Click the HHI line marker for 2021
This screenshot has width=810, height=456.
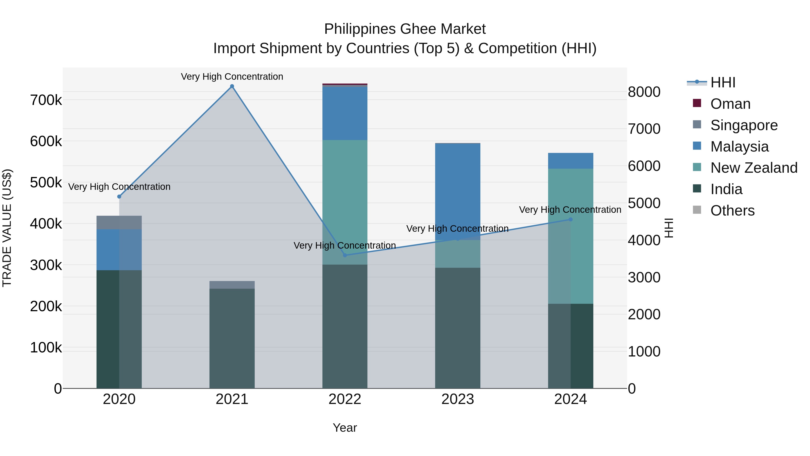coord(232,86)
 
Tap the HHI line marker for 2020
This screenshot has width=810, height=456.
coord(119,197)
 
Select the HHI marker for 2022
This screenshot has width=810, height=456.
coord(345,255)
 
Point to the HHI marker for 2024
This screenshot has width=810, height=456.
coord(571,219)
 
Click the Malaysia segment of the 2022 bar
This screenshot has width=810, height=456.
coord(345,113)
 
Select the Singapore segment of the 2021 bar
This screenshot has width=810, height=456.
coord(232,285)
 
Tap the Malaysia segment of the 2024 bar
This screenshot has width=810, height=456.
coord(571,161)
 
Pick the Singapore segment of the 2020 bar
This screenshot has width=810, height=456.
coord(119,222)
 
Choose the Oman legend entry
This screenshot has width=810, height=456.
coord(730,104)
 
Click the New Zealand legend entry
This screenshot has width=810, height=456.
coord(754,168)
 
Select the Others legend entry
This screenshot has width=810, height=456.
coord(732,211)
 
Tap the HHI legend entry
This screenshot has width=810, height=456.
coord(722,82)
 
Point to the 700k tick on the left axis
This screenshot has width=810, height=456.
coord(46,100)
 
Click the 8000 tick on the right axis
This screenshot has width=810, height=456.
coord(644,92)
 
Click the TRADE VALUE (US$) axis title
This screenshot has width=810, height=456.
coord(7,228)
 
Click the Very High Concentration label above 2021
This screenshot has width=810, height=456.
coord(232,77)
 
